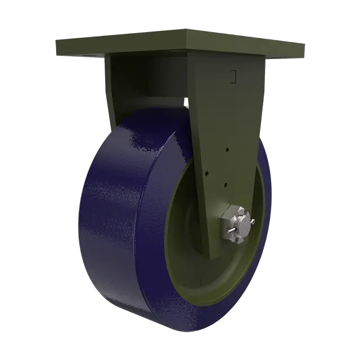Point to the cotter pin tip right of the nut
pyautogui.click(x=255, y=222)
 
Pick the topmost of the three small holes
pyautogui.click(x=227, y=150)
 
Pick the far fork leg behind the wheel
pyautogui.click(x=112, y=90)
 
